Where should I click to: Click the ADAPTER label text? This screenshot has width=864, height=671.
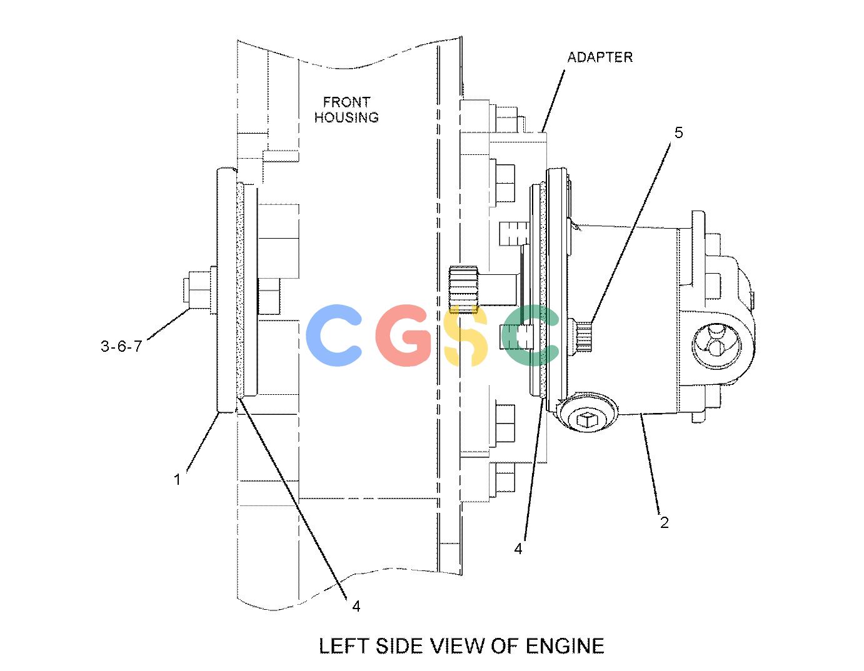[x=600, y=57]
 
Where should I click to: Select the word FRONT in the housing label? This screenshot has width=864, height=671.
[x=346, y=102]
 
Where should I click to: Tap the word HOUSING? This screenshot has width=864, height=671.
[x=346, y=117]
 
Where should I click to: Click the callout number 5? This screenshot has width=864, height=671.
[x=678, y=132]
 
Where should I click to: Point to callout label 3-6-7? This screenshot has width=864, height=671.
[x=121, y=346]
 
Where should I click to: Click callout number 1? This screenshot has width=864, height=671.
[x=178, y=480]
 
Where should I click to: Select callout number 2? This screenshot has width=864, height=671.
[x=664, y=522]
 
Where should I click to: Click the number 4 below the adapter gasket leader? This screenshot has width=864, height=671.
[x=518, y=549]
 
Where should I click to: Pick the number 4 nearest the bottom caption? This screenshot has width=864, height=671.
[x=356, y=606]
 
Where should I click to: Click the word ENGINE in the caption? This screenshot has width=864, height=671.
[x=565, y=646]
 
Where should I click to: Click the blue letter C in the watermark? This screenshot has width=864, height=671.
[x=334, y=335]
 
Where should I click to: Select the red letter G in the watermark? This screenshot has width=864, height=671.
[x=404, y=335]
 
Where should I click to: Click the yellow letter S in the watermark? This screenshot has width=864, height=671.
[x=466, y=335]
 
